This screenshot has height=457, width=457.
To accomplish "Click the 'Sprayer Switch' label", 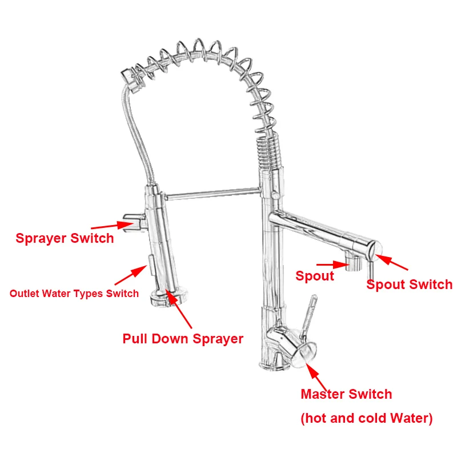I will point(65,238).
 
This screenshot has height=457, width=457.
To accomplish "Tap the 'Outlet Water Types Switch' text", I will point(74,294).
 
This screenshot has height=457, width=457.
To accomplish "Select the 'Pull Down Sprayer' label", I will point(183,339).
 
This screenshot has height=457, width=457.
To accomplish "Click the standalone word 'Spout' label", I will point(314,276).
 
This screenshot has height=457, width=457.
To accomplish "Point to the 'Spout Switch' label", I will point(409,284).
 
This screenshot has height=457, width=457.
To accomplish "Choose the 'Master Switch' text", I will point(346,394).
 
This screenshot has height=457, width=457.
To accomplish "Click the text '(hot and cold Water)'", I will point(366,418).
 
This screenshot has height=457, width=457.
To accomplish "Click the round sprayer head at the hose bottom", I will point(168,296).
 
